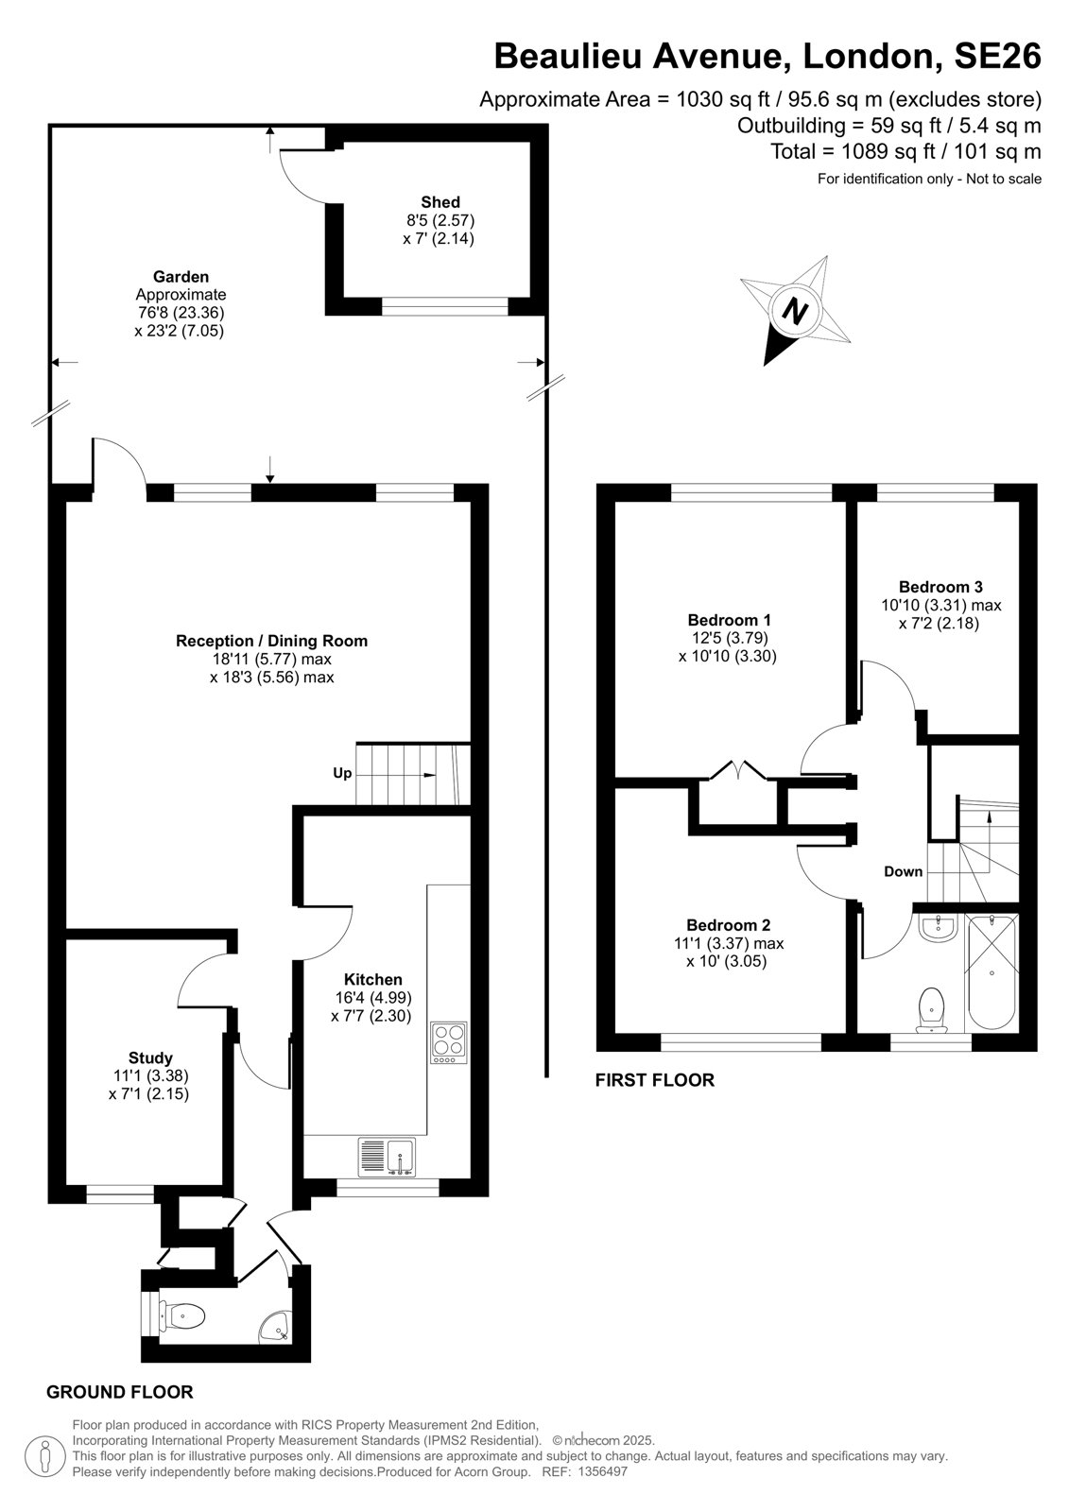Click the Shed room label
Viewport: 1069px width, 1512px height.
[x=440, y=202]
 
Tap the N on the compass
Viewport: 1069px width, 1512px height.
[x=796, y=311]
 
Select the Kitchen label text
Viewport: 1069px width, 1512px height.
[x=372, y=979]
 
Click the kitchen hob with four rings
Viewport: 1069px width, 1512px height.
[x=448, y=1043]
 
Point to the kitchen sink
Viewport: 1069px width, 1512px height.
[x=387, y=1157]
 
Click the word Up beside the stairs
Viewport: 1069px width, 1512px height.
[x=342, y=773]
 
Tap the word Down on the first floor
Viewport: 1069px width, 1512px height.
[x=903, y=871]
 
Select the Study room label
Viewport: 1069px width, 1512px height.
[x=150, y=1057]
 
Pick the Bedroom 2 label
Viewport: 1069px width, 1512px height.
[x=728, y=925]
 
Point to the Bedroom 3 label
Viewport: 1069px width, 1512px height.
[x=940, y=587]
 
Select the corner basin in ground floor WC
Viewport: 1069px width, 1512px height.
[x=276, y=1324]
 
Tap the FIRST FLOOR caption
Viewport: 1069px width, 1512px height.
[x=654, y=1080]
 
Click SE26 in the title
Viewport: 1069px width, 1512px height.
[x=997, y=56]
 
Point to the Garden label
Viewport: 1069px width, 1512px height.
[x=181, y=276]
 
